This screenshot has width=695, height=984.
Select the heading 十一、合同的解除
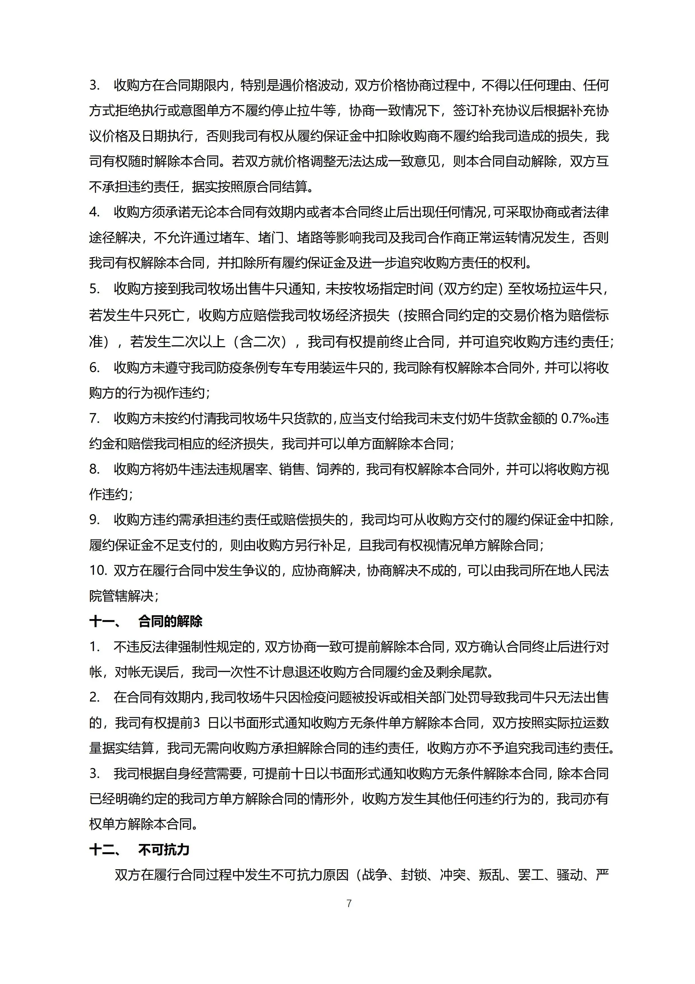tap(146, 621)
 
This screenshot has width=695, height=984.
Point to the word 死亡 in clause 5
tap(171, 316)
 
